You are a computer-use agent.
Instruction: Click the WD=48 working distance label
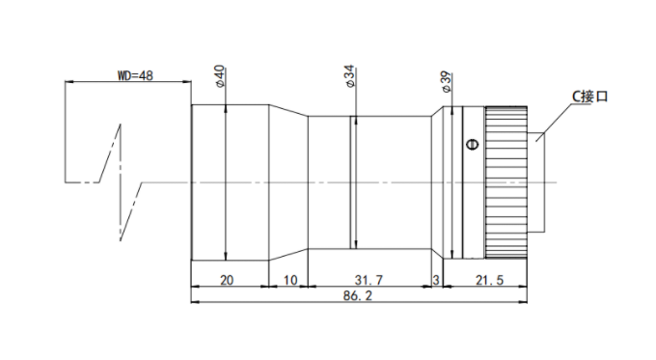135,75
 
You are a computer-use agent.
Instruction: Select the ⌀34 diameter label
349,76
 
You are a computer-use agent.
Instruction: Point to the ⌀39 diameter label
446,82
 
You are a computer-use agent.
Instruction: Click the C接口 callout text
589,97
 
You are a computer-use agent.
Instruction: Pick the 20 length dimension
227,280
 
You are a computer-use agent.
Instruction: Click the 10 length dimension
290,280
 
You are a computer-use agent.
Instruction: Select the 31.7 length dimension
369,280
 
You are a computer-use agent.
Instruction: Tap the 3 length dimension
436,280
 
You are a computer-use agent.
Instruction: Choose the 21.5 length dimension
489,280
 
